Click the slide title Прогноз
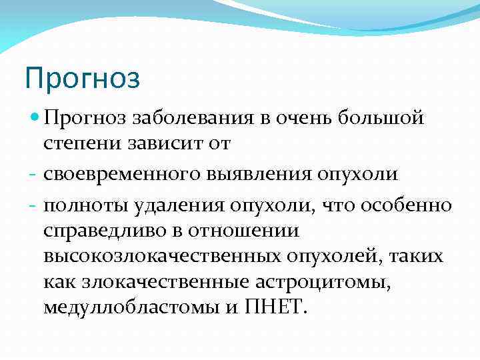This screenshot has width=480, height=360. [83, 77]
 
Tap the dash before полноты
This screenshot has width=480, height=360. [33, 203]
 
